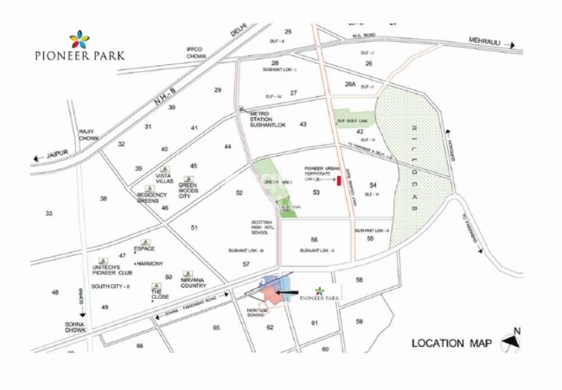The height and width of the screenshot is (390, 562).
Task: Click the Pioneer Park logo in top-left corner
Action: point(79,45)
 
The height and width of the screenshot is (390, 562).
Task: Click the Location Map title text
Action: point(451,343)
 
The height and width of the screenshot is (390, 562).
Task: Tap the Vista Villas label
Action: point(165,179)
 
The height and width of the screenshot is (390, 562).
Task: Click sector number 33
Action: point(48,214)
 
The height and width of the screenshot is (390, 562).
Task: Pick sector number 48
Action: point(54,292)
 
